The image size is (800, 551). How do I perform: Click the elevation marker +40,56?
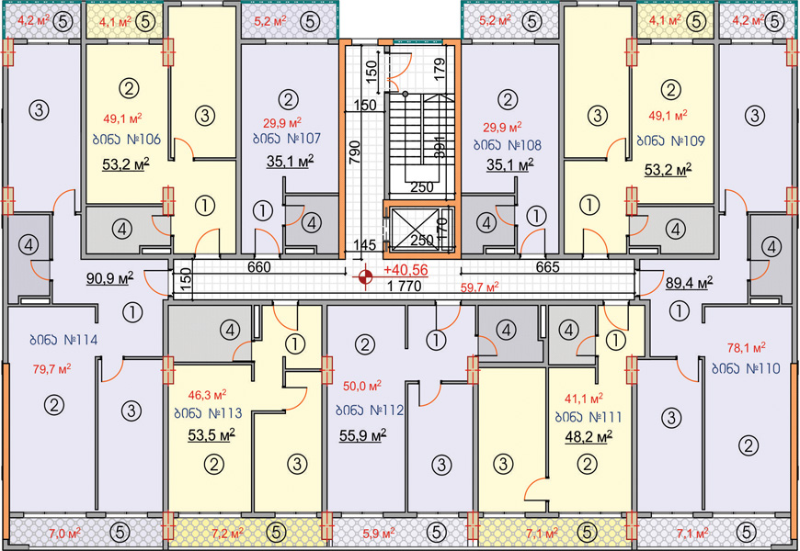click(x=406, y=270)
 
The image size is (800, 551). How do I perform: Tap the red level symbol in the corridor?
click(x=365, y=277)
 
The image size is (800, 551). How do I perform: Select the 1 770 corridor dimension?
click(x=404, y=287)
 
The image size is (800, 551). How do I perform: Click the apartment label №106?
click(x=127, y=140)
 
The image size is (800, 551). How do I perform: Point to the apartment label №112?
click(x=370, y=410)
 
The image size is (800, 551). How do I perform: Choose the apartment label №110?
click(x=747, y=368)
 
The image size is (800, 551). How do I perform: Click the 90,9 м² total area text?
click(x=109, y=278)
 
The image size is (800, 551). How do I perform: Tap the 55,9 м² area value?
click(x=362, y=435)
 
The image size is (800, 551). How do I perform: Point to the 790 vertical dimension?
click(x=355, y=151)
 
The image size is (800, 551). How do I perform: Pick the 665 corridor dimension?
click(x=548, y=266)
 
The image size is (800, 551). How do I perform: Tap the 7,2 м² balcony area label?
click(x=226, y=534)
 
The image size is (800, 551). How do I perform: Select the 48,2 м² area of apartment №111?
click(x=589, y=437)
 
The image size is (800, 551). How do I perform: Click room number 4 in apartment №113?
click(x=230, y=331)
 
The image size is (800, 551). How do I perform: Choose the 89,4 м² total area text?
click(x=690, y=283)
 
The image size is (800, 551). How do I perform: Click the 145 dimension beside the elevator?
click(x=364, y=245)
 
